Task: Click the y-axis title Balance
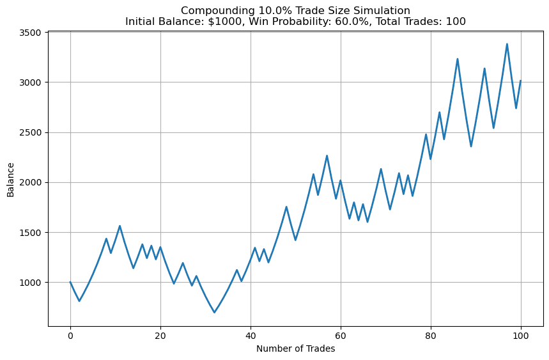[x=11, y=179]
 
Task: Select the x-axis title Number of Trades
[x=295, y=348]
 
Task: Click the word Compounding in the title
[x=212, y=10]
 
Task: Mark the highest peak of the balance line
[x=507, y=44]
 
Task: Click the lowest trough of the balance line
[x=214, y=313]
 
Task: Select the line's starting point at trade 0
[x=70, y=282]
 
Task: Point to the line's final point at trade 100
[x=521, y=81]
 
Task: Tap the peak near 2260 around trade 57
[x=327, y=155]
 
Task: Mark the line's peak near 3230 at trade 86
[x=458, y=59]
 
